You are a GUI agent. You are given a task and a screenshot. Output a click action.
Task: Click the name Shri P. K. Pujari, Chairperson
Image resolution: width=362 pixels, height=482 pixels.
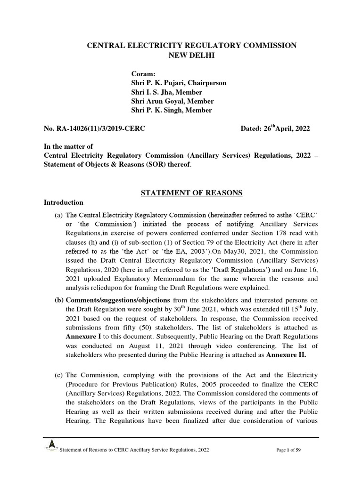179,83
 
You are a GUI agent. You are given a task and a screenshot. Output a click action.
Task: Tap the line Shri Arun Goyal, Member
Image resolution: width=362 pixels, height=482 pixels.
172,101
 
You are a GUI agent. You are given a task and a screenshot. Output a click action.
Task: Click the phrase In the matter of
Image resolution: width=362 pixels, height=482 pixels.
68,147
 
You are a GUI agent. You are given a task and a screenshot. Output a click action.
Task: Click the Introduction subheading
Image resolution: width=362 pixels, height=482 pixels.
64,203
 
